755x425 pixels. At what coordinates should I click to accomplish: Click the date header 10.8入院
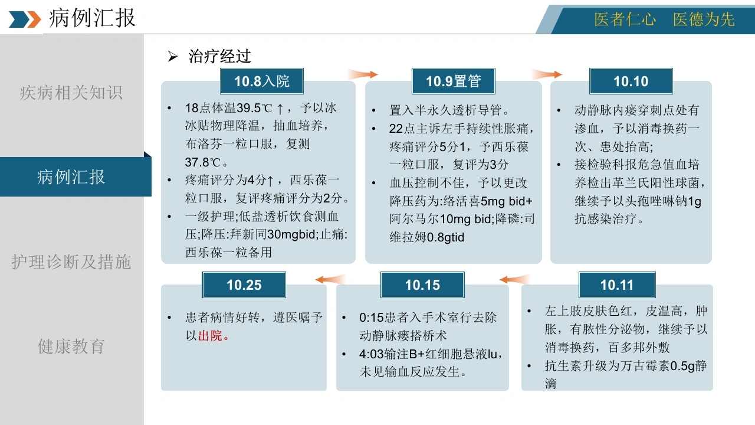[261, 81]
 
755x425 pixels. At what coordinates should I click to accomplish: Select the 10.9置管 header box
[454, 81]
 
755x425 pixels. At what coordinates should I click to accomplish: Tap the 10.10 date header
[631, 81]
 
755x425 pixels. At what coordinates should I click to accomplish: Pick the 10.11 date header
[617, 285]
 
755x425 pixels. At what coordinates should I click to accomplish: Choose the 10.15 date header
[422, 285]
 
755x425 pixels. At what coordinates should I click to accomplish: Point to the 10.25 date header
[244, 285]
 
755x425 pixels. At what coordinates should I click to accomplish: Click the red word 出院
[210, 336]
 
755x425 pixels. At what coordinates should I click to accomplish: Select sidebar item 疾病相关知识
[71, 93]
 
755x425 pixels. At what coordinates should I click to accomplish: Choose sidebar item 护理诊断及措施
[71, 261]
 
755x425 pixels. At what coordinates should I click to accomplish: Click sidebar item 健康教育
[71, 346]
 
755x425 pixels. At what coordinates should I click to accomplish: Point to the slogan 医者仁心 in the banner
[625, 19]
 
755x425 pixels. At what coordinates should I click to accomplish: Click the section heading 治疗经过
[220, 56]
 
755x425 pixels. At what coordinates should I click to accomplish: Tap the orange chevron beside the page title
[34, 19]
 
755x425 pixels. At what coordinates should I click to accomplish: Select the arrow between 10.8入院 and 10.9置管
[363, 74]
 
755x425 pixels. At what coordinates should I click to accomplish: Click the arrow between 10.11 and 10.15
[515, 279]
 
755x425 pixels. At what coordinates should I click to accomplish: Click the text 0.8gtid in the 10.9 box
[445, 237]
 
